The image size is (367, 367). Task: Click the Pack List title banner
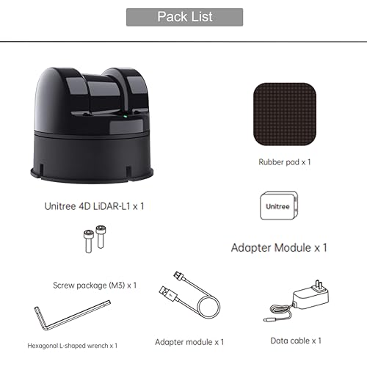[x=185, y=17]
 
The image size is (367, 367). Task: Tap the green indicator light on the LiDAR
[x=125, y=116]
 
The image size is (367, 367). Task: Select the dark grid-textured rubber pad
[x=285, y=114]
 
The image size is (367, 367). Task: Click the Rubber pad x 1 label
[x=285, y=162]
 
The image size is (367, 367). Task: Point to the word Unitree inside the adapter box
[x=277, y=206]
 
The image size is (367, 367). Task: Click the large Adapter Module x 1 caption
[x=279, y=247]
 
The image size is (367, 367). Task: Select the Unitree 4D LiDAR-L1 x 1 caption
[x=94, y=206]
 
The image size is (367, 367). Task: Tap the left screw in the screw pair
[x=88, y=241]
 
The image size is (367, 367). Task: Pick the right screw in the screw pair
[x=101, y=236]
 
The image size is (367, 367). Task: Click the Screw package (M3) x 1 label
[x=95, y=286]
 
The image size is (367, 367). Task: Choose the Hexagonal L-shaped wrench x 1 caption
[x=73, y=346]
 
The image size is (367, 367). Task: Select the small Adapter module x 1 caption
[x=189, y=342]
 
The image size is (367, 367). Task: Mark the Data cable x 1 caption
[x=296, y=341]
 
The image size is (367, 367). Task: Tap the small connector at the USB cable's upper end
[x=178, y=276]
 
